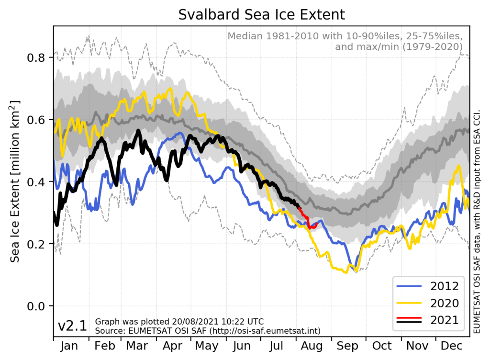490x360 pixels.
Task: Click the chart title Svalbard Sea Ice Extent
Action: coord(261,14)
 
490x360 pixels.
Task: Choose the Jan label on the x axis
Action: coord(70,346)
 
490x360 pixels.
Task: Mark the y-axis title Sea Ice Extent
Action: coord(15,182)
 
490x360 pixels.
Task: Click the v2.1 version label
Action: coord(72,326)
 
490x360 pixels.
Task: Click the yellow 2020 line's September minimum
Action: coord(345,272)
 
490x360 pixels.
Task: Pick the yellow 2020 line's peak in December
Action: coord(458,166)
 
